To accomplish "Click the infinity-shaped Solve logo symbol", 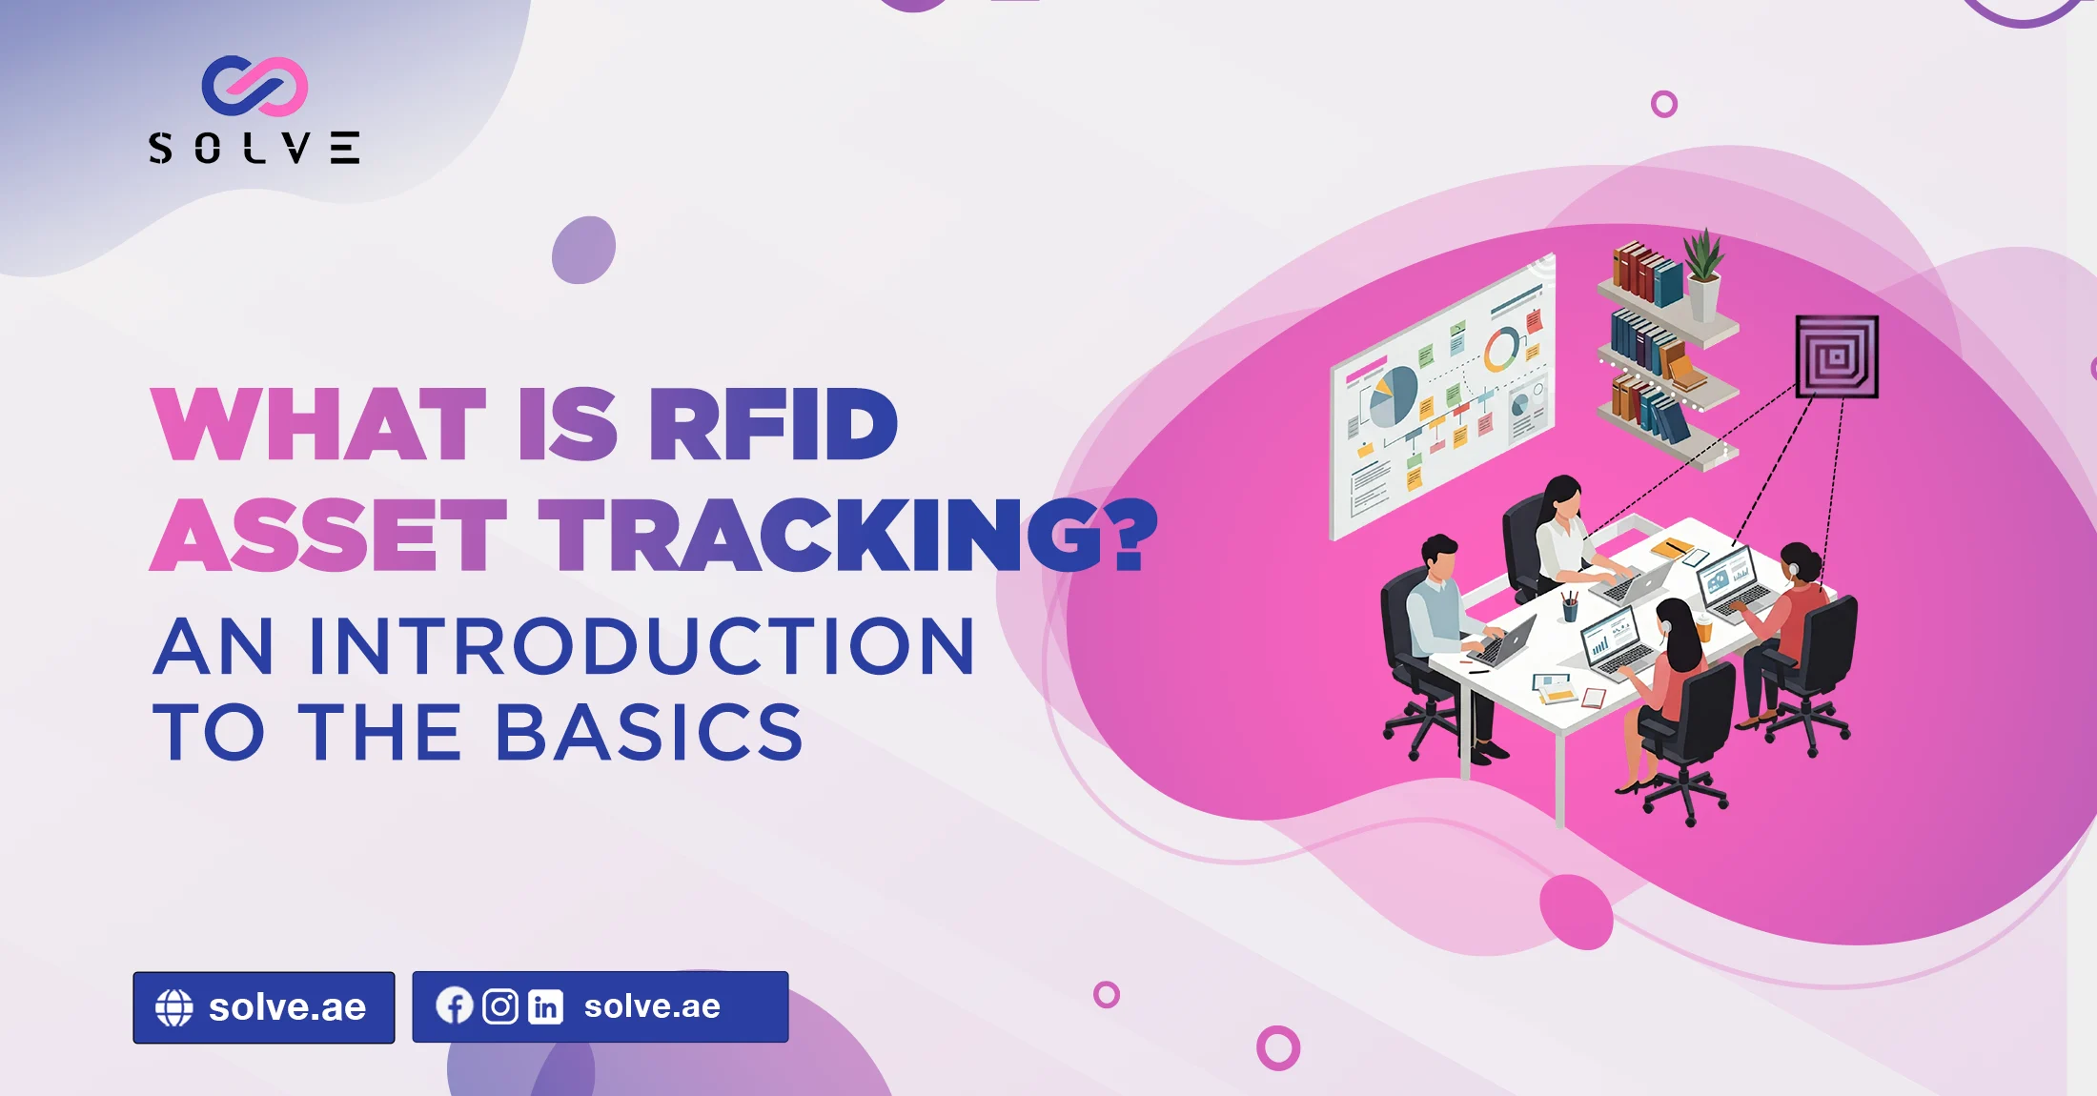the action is [x=254, y=86].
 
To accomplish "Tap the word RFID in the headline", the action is [x=773, y=424].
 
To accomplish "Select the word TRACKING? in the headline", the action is [x=848, y=535].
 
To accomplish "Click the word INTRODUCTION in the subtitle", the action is [x=641, y=646].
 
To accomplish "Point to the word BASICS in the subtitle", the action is [x=650, y=732].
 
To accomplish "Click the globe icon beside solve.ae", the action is [x=174, y=1007].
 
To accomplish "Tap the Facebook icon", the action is [x=455, y=1005].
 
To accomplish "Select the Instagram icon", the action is [x=500, y=1006].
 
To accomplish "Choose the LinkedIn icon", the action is [x=546, y=1006].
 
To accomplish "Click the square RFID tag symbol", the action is [x=1837, y=356].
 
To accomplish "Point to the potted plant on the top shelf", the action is [x=1703, y=273].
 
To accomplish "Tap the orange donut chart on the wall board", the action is [x=1502, y=350].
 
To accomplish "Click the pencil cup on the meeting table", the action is [x=1569, y=606].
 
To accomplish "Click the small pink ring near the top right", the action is [x=1664, y=104].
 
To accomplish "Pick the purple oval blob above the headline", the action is [x=583, y=250].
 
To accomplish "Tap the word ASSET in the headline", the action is [x=329, y=535].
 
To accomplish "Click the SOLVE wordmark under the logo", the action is [x=254, y=148].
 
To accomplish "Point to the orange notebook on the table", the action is [x=1671, y=548].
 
